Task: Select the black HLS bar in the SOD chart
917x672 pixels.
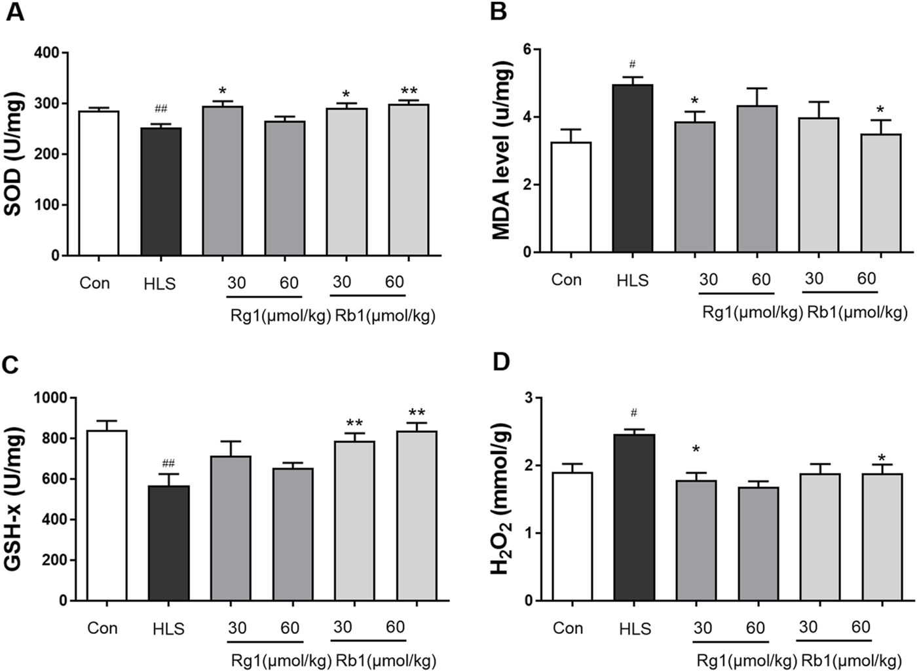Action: point(161,191)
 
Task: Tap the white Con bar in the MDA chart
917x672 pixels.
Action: point(571,197)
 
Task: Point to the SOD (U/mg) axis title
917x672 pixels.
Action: point(14,154)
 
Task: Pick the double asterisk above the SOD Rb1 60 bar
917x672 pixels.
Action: point(409,91)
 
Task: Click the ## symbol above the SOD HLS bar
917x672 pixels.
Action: point(161,109)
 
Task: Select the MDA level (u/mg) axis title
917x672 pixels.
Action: point(501,151)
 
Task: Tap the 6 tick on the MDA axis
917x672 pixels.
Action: point(527,49)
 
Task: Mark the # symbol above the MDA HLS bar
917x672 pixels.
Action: point(632,64)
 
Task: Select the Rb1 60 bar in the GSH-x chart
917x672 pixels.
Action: point(417,515)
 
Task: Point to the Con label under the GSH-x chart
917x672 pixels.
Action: point(102,628)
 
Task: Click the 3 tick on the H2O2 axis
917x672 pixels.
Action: point(528,398)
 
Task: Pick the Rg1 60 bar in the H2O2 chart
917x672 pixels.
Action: point(758,544)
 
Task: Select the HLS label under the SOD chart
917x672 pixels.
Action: point(160,284)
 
